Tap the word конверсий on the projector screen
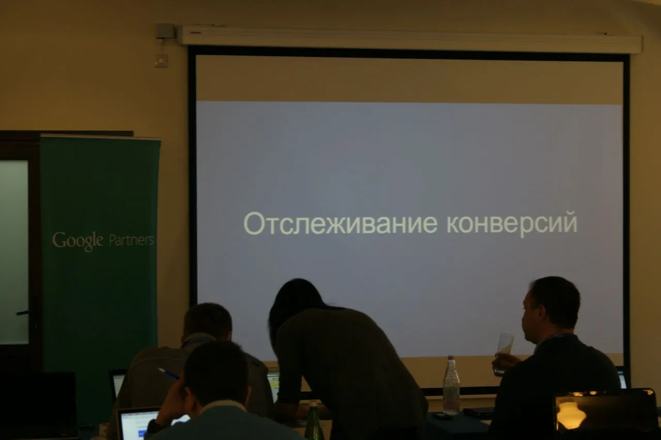coord(512,224)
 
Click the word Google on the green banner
coord(77,240)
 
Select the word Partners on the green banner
coord(132,240)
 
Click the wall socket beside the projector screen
coord(161,60)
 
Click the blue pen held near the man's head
coord(168,373)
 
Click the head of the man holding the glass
coord(550,306)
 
